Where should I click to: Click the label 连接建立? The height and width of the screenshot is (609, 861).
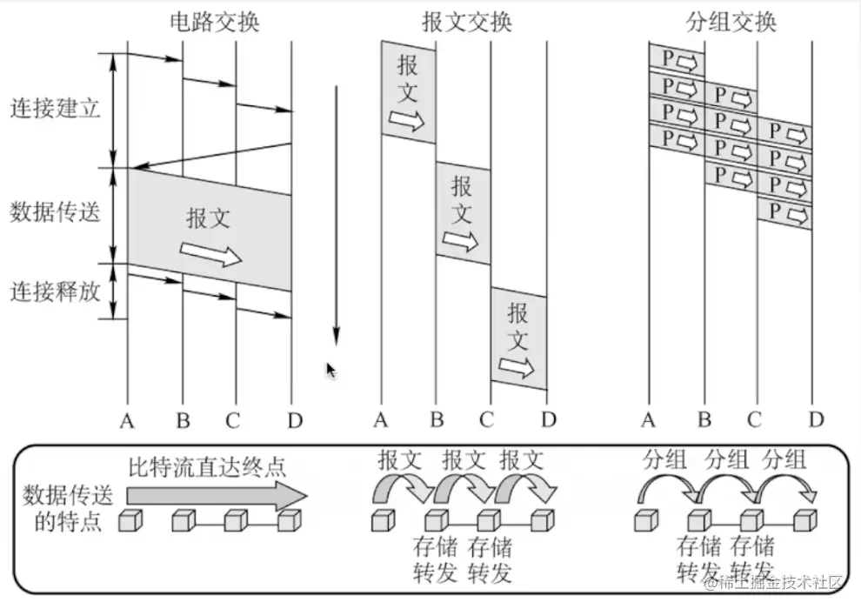tap(55, 110)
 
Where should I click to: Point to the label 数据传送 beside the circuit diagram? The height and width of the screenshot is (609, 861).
tap(55, 211)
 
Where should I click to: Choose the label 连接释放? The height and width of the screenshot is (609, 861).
tap(55, 291)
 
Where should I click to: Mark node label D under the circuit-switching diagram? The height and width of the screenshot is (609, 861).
tap(294, 422)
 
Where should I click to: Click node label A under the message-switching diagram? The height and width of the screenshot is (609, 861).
tap(381, 422)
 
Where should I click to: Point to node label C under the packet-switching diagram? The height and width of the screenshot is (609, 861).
tap(754, 422)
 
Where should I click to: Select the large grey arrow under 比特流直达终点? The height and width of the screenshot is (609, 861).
tap(217, 495)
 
